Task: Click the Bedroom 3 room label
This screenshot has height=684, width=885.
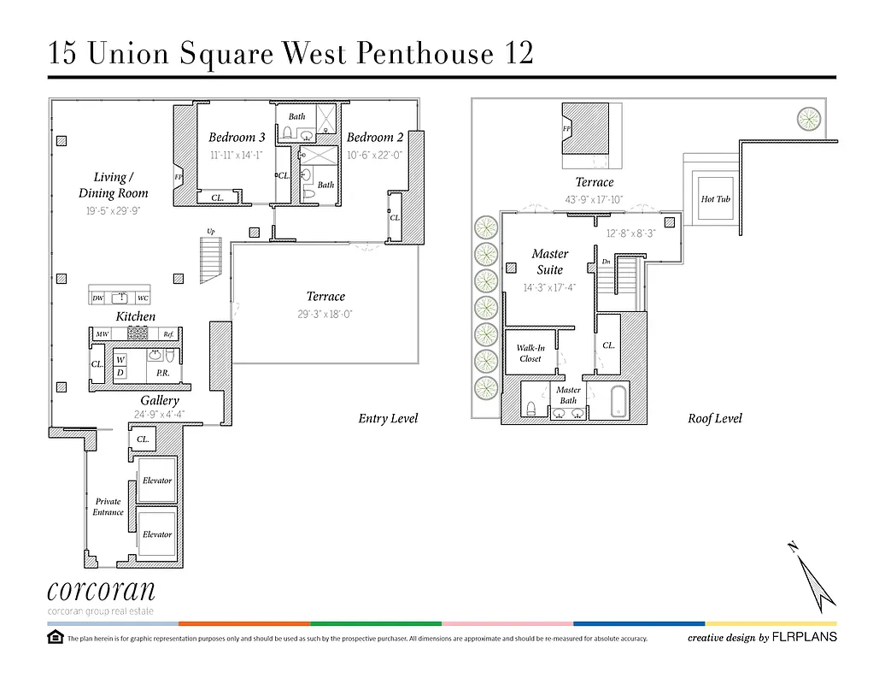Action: [x=237, y=138]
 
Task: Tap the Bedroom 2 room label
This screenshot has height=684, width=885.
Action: [x=374, y=138]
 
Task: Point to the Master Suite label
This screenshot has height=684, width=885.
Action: [x=549, y=262]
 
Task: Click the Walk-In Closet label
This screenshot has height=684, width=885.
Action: [x=530, y=353]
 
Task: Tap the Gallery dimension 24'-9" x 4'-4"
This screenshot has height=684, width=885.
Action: [x=159, y=416]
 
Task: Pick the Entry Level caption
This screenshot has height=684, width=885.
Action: [x=388, y=418]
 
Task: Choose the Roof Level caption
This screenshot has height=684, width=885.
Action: [x=714, y=418]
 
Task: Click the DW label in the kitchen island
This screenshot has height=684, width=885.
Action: [x=98, y=298]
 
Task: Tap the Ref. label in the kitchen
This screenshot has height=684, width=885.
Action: [x=169, y=334]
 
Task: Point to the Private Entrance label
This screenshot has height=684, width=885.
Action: [x=108, y=507]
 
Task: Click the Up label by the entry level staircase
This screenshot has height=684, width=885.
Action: [x=210, y=231]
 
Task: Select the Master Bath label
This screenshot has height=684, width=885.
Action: [x=568, y=395]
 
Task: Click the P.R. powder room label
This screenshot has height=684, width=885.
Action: [x=161, y=374]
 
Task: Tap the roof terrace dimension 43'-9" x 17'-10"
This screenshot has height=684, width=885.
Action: [x=594, y=199]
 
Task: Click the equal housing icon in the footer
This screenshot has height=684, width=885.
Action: [x=55, y=637]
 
